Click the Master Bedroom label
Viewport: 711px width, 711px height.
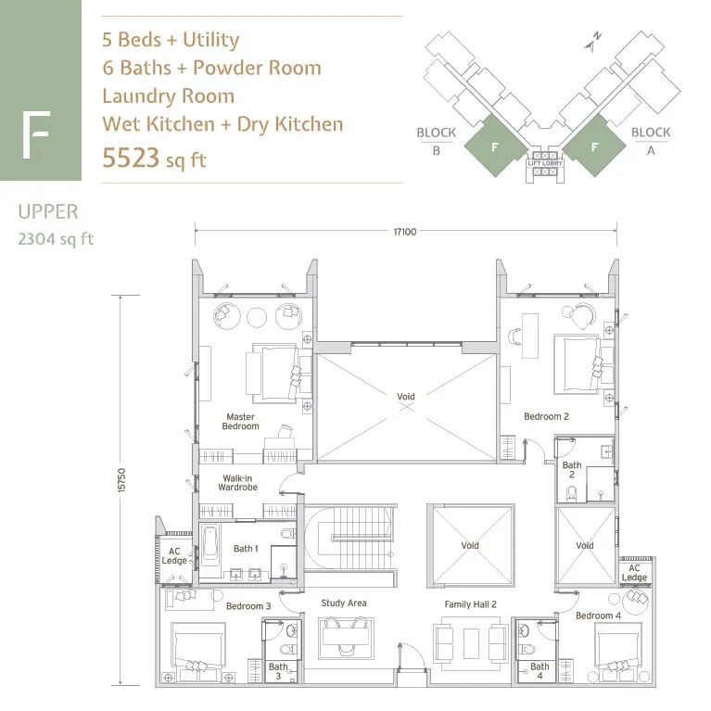coord(240,421)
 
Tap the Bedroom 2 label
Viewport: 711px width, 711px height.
coord(546,416)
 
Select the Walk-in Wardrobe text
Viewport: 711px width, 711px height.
coord(237,482)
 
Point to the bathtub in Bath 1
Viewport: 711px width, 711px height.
coord(209,544)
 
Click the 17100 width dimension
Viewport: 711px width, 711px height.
coord(405,232)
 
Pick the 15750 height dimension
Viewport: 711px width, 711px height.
coord(121,480)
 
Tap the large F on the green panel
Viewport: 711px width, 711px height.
coord(36,134)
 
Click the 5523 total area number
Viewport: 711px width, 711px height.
coord(131,158)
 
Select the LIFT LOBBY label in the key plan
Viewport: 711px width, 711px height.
coord(545,163)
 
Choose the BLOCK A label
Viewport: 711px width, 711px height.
coord(651,141)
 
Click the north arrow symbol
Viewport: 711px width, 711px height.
coord(592,42)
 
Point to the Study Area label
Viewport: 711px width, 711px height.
coord(344,603)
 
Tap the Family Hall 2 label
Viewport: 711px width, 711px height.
coord(470,604)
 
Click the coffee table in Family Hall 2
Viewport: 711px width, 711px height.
coord(471,643)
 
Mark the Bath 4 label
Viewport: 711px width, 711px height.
coord(540,670)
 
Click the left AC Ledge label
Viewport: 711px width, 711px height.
coord(174,556)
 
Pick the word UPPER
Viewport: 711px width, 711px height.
coord(48,211)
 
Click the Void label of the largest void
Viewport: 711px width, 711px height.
coord(406,397)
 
